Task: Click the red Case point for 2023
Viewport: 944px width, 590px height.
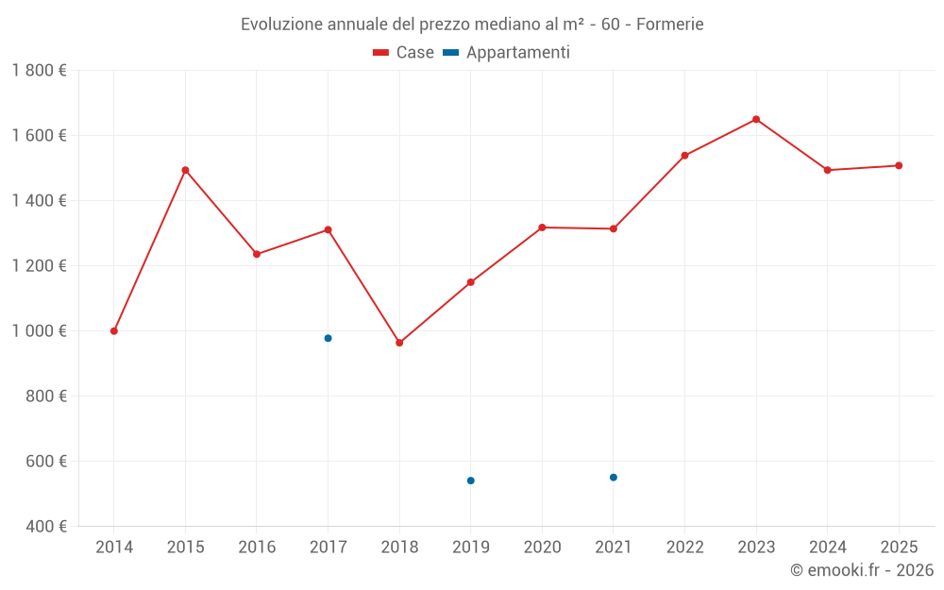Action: (x=756, y=120)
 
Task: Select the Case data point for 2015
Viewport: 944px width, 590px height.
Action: (x=185, y=170)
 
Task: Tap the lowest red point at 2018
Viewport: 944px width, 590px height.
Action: (x=399, y=343)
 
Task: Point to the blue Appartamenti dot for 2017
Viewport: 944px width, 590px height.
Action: (x=328, y=338)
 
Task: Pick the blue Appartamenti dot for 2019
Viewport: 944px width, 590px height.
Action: (x=470, y=480)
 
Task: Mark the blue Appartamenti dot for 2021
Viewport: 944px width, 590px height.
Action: (x=614, y=478)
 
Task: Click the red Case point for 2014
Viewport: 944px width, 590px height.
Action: (x=114, y=331)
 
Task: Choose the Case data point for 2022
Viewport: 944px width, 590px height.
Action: (x=684, y=156)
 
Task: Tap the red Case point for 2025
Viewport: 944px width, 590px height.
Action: (x=899, y=166)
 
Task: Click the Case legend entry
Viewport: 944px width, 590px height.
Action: (x=404, y=53)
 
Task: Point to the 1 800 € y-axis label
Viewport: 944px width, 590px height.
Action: (x=40, y=71)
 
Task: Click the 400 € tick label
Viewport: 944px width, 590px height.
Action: (x=45, y=527)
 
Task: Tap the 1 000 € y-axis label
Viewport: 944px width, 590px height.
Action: (x=40, y=331)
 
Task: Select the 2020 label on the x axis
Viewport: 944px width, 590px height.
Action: (x=542, y=548)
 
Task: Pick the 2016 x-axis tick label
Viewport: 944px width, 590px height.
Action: (x=257, y=548)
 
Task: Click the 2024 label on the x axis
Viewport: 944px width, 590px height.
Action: (x=827, y=548)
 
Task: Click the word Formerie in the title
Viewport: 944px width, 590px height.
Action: (x=670, y=25)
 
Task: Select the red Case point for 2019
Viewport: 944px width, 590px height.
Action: (x=470, y=282)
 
